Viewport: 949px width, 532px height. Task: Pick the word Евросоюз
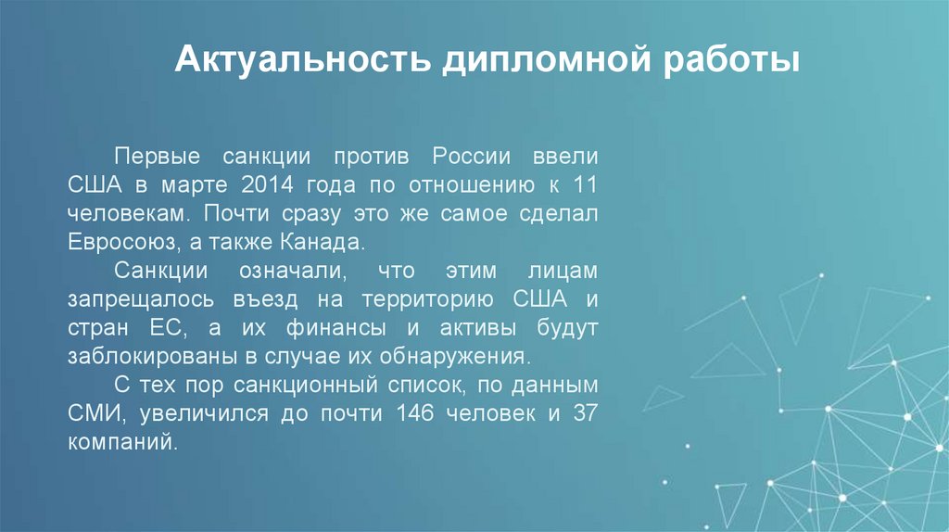(117, 243)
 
